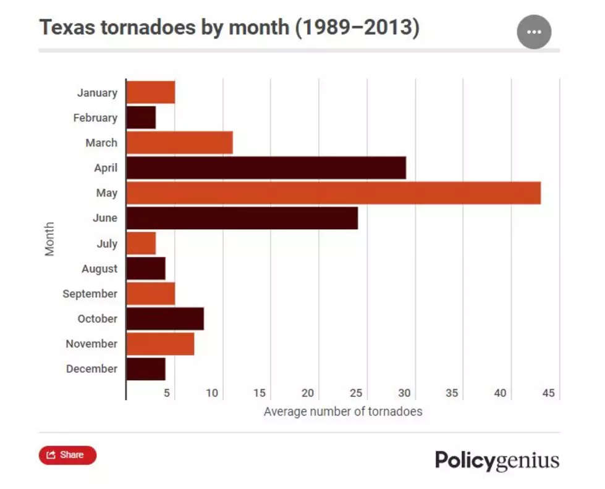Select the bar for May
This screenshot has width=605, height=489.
pyautogui.click(x=334, y=193)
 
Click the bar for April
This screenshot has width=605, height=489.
pyautogui.click(x=266, y=168)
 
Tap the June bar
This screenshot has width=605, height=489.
pyautogui.click(x=242, y=219)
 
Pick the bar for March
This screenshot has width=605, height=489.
pyautogui.click(x=180, y=143)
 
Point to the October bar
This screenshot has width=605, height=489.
pyautogui.click(x=165, y=319)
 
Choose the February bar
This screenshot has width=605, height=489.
pyautogui.click(x=142, y=118)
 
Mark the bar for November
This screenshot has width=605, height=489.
pyautogui.click(x=161, y=344)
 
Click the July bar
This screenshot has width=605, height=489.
pyautogui.click(x=142, y=243)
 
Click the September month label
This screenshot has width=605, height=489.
pyautogui.click(x=90, y=294)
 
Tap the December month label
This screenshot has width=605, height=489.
pyautogui.click(x=92, y=369)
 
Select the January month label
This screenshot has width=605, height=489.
pyautogui.click(x=97, y=93)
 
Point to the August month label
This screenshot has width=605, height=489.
pyautogui.click(x=99, y=269)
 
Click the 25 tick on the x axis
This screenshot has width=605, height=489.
pyautogui.click(x=356, y=393)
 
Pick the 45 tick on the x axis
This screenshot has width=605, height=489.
pyautogui.click(x=548, y=393)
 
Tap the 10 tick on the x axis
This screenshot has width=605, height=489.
pyautogui.click(x=212, y=393)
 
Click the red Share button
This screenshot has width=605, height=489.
pyautogui.click(x=67, y=455)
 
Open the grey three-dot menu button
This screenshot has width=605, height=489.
pyautogui.click(x=534, y=32)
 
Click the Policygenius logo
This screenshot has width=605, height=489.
pyautogui.click(x=497, y=461)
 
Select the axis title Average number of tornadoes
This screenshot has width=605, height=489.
pyautogui.click(x=343, y=411)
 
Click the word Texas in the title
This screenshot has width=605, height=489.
pyautogui.click(x=67, y=27)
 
